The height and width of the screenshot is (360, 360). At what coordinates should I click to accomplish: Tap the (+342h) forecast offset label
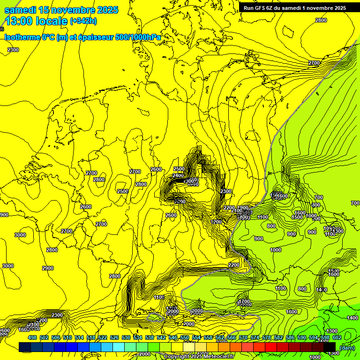[83, 21]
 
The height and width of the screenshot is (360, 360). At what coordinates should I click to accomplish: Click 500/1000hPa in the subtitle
[140, 37]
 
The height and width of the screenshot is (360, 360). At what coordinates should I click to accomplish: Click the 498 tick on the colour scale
[32, 337]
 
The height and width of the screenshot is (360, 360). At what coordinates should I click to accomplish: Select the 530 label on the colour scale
[126, 337]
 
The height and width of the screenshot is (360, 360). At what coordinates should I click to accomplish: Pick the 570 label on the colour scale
[243, 337]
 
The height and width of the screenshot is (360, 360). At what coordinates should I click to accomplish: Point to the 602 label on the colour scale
[337, 337]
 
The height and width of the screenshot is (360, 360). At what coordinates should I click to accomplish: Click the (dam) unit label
[348, 347]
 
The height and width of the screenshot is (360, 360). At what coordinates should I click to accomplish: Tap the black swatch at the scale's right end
[330, 347]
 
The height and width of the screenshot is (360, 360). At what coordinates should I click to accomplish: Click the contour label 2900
[47, 268]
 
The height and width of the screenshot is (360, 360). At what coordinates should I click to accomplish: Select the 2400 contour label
[178, 176]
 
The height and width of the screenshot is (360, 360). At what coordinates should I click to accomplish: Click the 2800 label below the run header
[321, 20]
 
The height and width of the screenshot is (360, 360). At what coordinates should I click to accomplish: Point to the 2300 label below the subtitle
[13, 50]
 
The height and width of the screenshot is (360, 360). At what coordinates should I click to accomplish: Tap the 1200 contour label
[216, 222]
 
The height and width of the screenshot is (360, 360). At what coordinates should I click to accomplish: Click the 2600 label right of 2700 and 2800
[156, 169]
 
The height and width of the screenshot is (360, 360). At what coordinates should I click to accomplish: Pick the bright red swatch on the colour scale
[271, 347]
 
